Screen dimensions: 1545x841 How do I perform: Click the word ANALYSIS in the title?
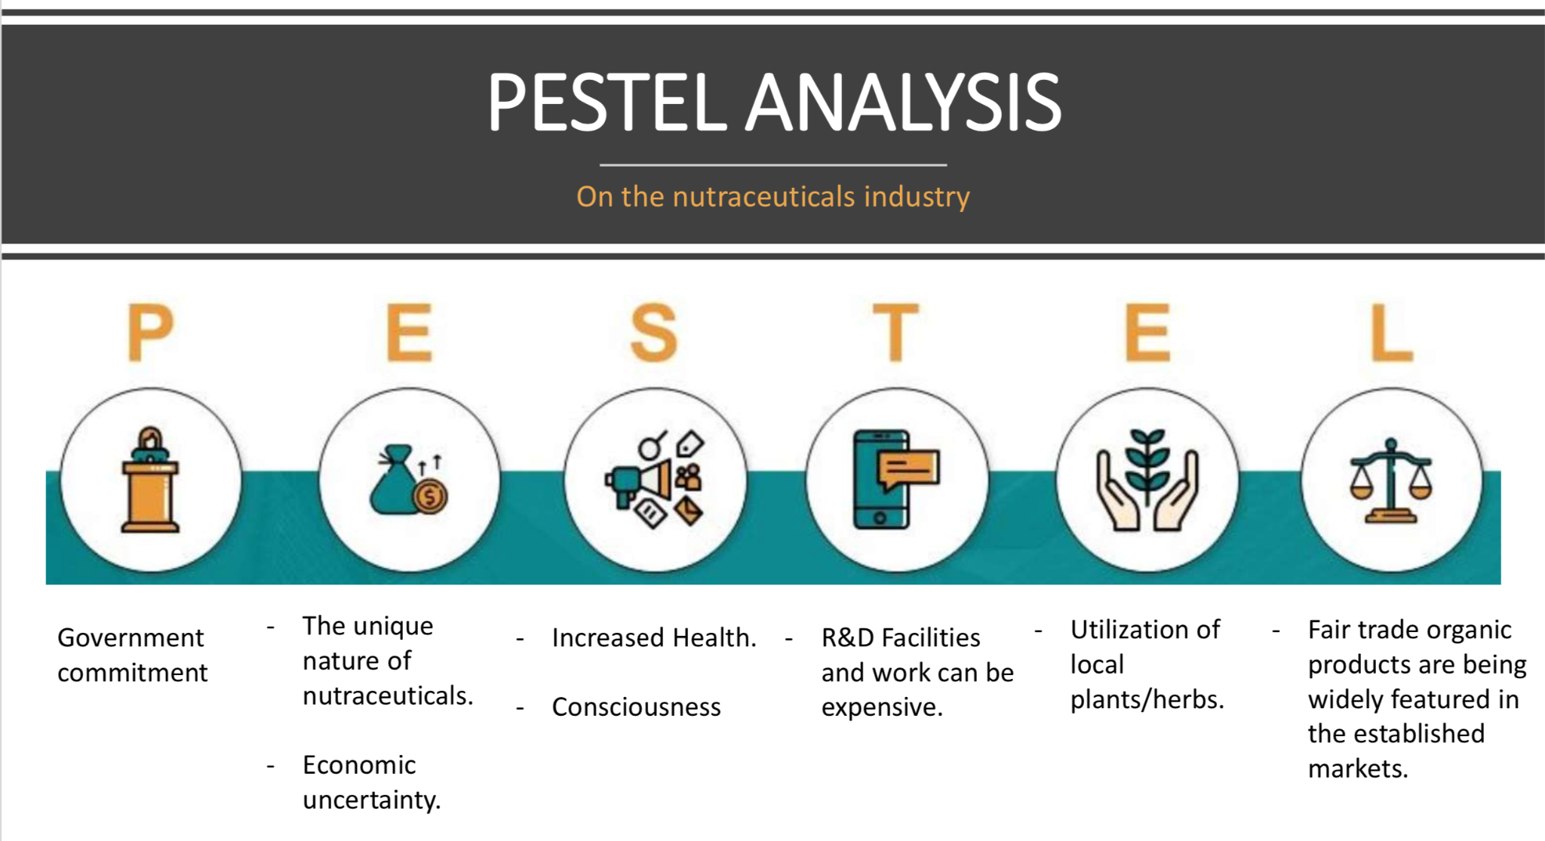[x=904, y=103]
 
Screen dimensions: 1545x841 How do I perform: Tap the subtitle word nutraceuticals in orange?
[x=763, y=196]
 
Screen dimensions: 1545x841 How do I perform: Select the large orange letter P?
[x=150, y=332]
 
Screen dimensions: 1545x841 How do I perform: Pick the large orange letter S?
[x=654, y=332]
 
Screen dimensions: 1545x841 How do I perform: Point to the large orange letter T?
[x=895, y=332]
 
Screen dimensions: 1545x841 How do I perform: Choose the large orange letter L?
[x=1391, y=332]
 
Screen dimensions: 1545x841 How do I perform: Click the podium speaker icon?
[x=151, y=480]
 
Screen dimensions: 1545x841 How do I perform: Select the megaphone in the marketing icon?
[x=637, y=482]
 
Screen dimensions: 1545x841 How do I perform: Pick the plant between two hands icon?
[x=1147, y=480]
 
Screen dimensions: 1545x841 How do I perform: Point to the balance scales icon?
[x=1391, y=480]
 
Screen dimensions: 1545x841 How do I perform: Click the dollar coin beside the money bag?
[x=430, y=497]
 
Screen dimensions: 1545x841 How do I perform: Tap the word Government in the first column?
[x=131, y=638]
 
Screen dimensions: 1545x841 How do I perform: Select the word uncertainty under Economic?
[x=372, y=800]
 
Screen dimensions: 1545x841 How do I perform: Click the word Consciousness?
[x=637, y=707]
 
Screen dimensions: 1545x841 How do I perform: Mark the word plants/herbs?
[x=1147, y=700]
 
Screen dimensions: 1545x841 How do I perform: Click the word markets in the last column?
[x=1358, y=769]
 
